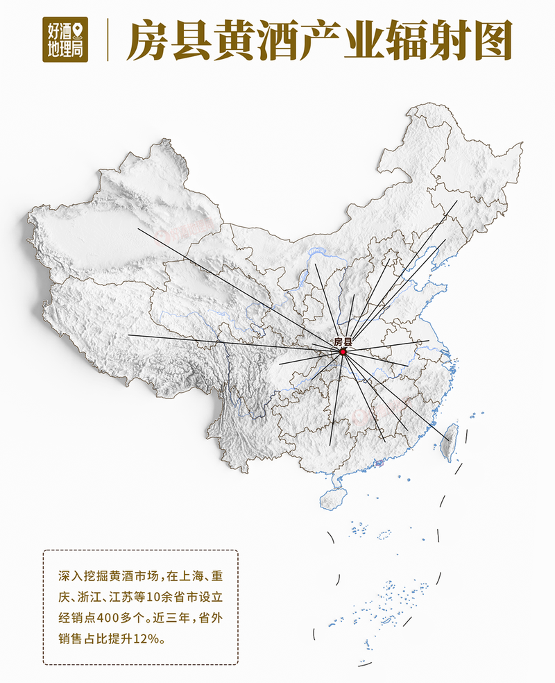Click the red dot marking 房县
[x=343, y=352]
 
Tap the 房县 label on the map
[x=343, y=341]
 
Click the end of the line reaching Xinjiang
[x=137, y=228]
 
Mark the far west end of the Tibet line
[x=128, y=336]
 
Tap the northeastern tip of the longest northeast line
[x=457, y=201]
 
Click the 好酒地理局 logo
[x=65, y=40]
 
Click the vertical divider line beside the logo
[x=108, y=40]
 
